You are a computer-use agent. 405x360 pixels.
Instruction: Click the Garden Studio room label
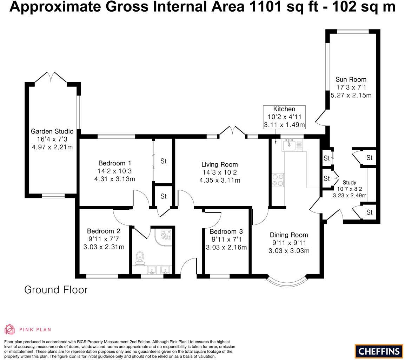click(x=52, y=131)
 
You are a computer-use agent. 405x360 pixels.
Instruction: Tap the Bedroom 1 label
click(x=115, y=163)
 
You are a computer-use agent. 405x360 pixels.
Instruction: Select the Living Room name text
click(x=220, y=164)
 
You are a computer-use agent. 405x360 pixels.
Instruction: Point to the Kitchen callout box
click(x=284, y=117)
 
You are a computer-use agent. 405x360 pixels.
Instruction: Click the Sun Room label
click(x=351, y=79)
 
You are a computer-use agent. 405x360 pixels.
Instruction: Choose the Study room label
click(x=350, y=182)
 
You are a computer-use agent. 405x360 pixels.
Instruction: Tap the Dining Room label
click(x=289, y=235)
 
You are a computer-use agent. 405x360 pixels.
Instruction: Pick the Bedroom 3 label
click(x=226, y=231)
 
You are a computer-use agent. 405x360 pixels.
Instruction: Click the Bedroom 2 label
click(x=104, y=231)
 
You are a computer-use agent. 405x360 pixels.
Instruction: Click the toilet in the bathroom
click(x=140, y=258)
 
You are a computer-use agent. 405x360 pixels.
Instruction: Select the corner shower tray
click(x=163, y=237)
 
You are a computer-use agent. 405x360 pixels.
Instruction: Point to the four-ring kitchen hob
click(x=278, y=180)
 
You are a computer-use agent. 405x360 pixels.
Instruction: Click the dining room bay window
click(x=287, y=284)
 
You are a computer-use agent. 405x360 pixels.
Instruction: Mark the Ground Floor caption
click(x=56, y=290)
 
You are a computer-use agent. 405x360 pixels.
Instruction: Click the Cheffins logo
click(x=379, y=351)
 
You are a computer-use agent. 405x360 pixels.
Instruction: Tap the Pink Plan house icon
click(x=9, y=329)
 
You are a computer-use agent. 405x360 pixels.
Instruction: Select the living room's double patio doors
click(x=232, y=131)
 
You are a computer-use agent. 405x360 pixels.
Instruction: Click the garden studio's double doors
click(x=51, y=77)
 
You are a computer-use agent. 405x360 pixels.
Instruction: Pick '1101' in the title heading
click(x=266, y=7)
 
